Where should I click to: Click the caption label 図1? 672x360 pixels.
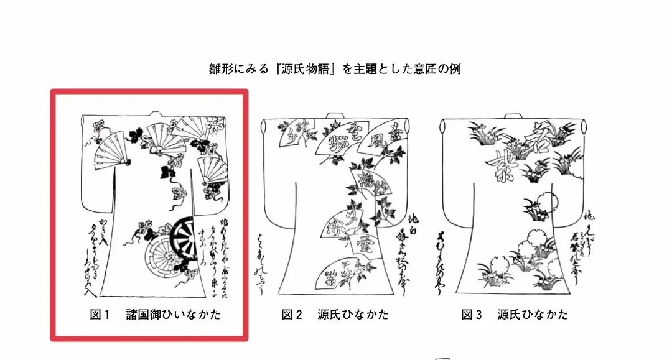tap(100, 315)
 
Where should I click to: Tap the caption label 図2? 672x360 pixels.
tap(292, 315)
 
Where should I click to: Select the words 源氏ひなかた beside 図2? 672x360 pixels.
tap(353, 315)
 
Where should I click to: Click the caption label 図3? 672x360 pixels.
tap(472, 315)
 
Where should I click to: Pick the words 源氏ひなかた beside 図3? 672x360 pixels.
tap(533, 315)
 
